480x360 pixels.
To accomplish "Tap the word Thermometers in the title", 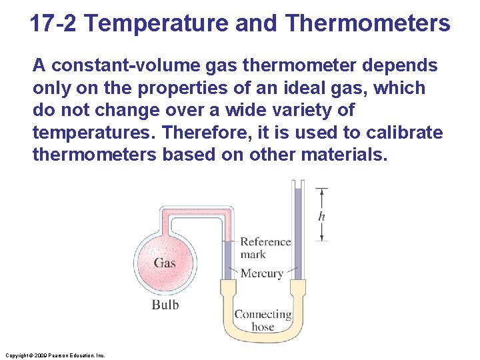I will click(367, 24).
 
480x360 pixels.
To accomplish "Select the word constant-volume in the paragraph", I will click(125, 65).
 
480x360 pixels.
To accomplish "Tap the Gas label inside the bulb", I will click(165, 263).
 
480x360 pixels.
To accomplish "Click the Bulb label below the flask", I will click(165, 305).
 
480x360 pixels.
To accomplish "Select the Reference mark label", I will click(265, 247).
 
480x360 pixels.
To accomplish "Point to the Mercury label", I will click(261, 273).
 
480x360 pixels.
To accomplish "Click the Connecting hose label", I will click(263, 320).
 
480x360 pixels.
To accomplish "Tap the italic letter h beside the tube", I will click(322, 216).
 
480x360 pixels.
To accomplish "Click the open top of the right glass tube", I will click(297, 181).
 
